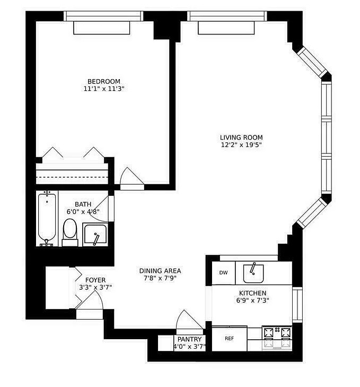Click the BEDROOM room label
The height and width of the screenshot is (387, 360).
(104, 81)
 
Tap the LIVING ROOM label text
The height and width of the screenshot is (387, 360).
(241, 137)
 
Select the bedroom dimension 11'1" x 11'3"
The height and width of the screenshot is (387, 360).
(104, 89)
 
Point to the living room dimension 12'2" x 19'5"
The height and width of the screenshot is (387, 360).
(241, 145)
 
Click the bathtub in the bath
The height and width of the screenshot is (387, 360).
(47, 218)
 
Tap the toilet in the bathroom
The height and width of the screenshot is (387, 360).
(70, 233)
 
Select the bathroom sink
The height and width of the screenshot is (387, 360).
(95, 235)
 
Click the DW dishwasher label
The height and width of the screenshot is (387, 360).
(223, 273)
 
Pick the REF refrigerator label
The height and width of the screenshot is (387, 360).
(229, 339)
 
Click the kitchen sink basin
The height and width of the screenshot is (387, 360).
(253, 273)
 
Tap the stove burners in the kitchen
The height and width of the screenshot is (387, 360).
(277, 338)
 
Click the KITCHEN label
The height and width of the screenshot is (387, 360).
(252, 293)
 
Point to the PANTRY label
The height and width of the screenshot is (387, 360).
(189, 339)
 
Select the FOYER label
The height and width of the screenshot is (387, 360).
(95, 280)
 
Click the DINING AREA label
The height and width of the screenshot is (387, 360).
(160, 271)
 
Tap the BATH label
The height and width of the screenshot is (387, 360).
(83, 204)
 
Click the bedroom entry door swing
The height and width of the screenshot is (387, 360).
(131, 176)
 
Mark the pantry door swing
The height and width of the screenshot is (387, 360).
(189, 320)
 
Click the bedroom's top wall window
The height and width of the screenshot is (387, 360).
(103, 16)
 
